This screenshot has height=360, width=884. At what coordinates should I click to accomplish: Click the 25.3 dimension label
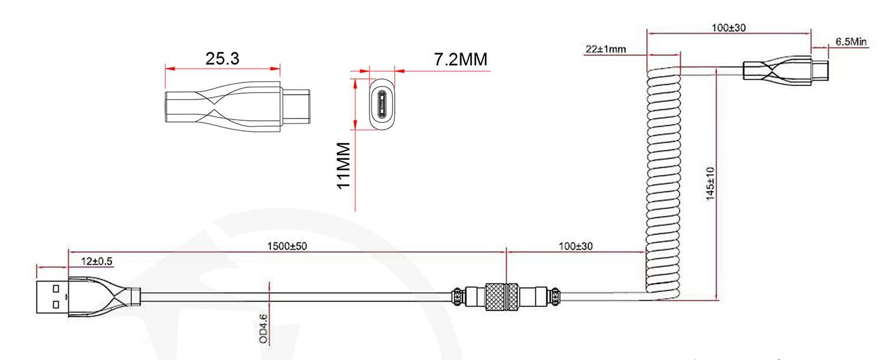[222, 58]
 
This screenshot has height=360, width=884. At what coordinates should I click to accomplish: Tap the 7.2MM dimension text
[460, 59]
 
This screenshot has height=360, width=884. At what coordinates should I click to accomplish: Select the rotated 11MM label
[344, 166]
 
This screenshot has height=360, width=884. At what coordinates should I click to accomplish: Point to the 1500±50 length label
[287, 246]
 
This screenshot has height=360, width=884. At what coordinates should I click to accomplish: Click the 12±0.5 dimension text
[97, 261]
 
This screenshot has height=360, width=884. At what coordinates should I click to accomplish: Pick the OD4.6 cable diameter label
[263, 329]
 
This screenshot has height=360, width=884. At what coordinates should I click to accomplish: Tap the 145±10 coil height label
[710, 184]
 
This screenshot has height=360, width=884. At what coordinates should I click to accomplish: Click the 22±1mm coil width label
[605, 49]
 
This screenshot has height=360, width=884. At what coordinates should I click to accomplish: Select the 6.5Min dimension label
[851, 41]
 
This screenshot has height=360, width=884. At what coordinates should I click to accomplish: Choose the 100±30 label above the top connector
[728, 28]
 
